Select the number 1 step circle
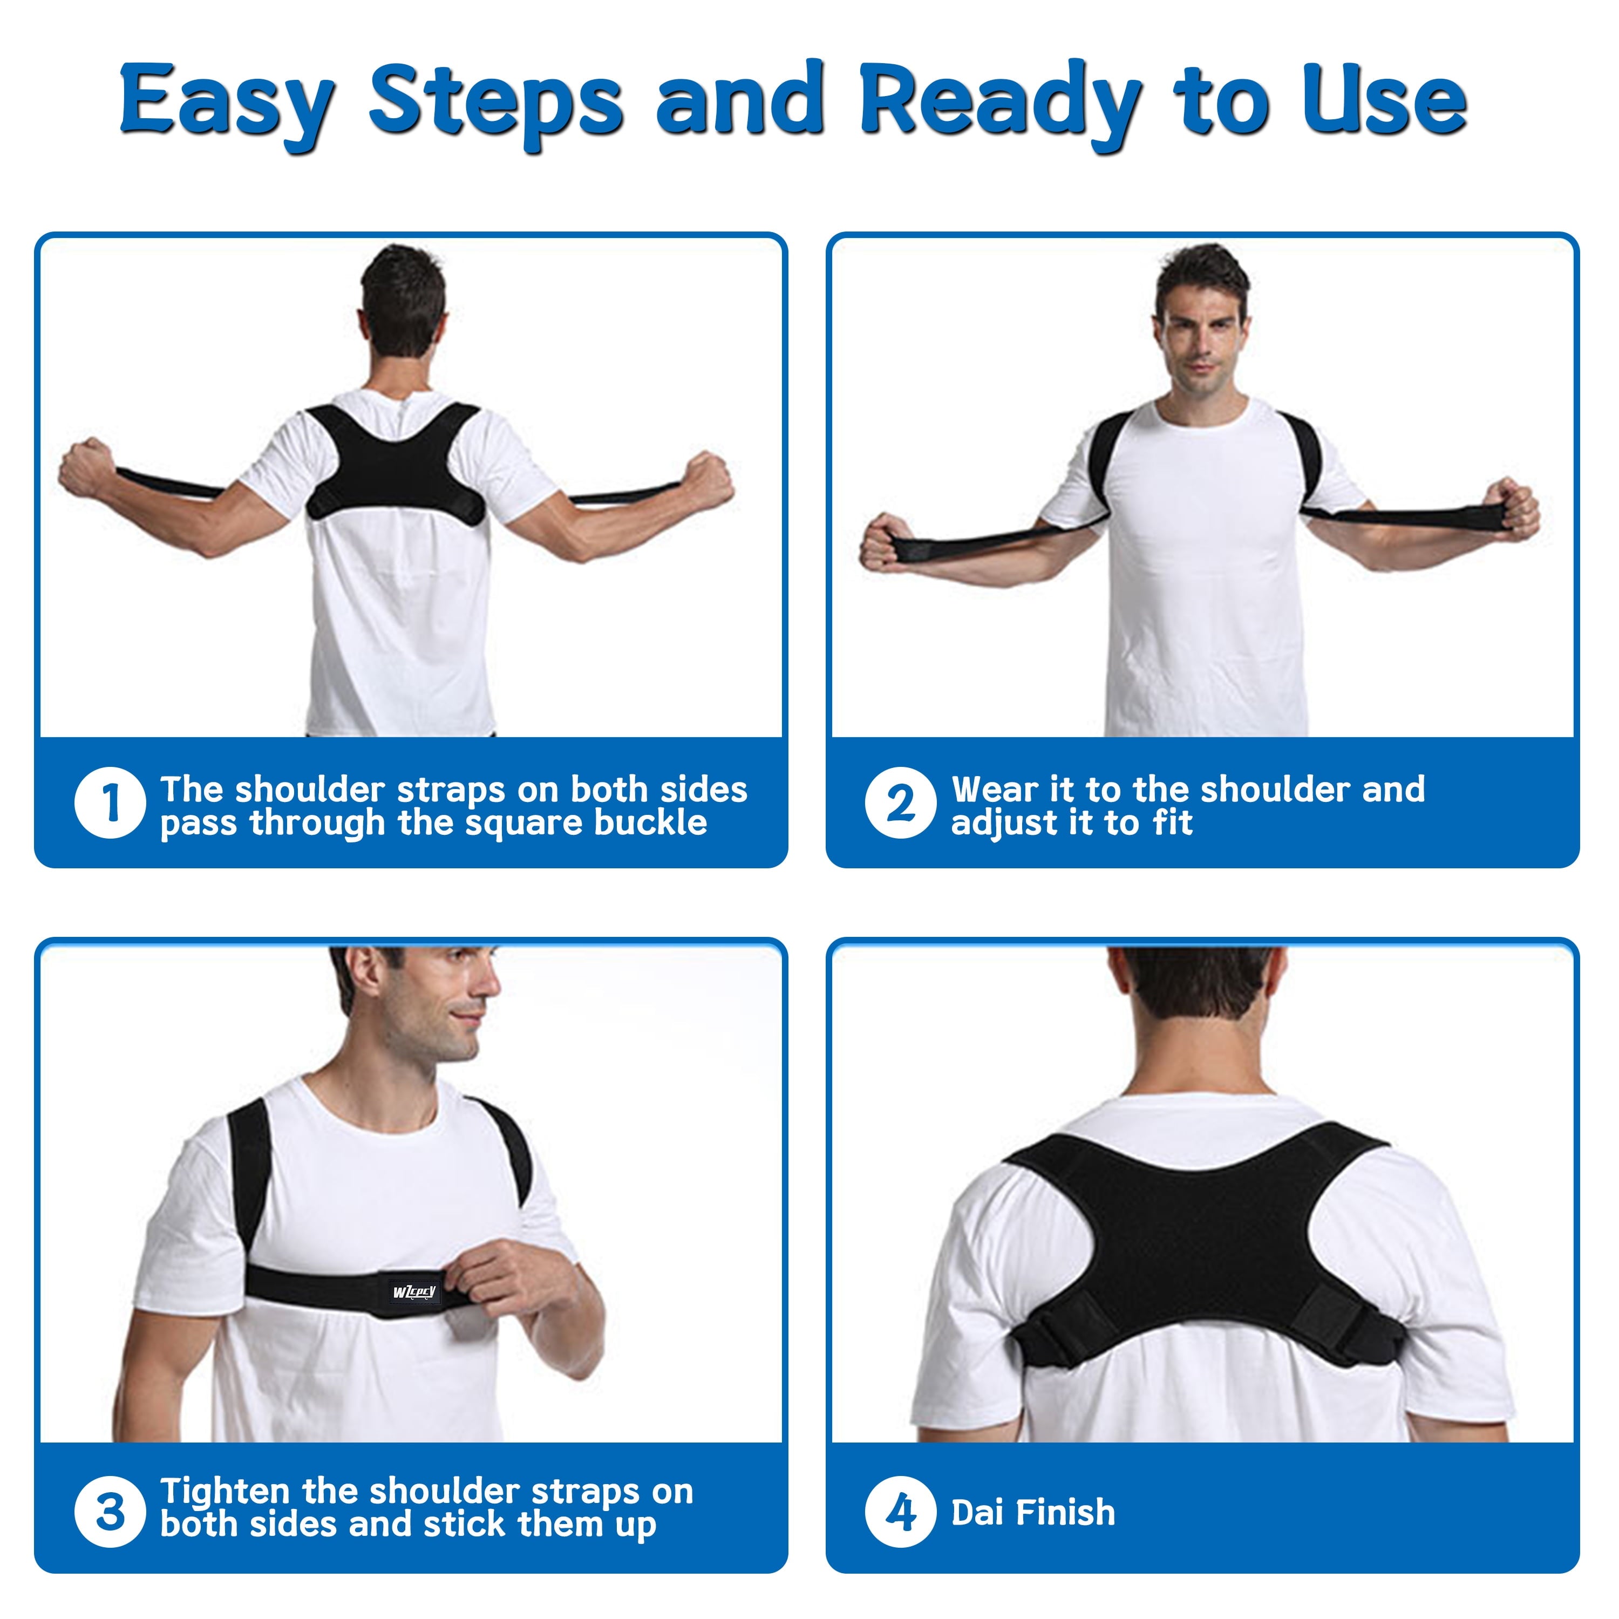tap(110, 803)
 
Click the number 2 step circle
tap(900, 803)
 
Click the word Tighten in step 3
tap(225, 1491)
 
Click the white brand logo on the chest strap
tap(414, 1291)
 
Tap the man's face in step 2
tap(1200, 335)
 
